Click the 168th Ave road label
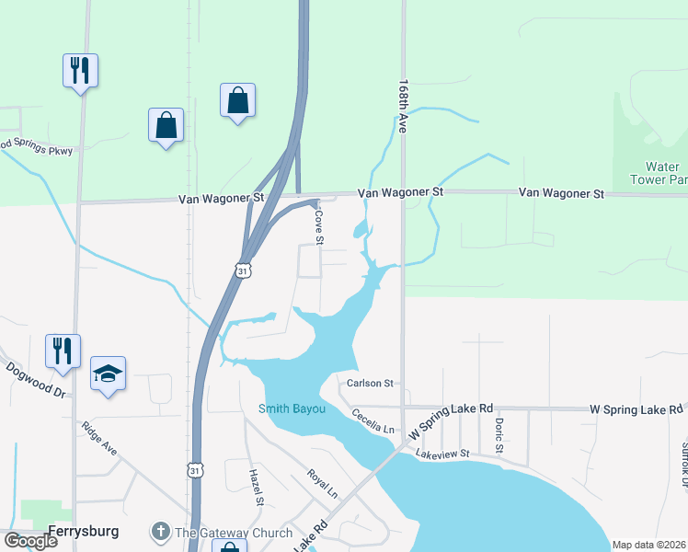click(x=403, y=106)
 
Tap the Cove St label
click(x=319, y=225)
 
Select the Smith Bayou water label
click(x=292, y=408)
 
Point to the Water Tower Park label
click(x=659, y=173)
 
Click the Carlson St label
click(x=370, y=383)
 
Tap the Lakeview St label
click(x=442, y=454)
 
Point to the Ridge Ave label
click(x=99, y=439)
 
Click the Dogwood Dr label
click(x=37, y=379)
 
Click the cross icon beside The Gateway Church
click(x=161, y=532)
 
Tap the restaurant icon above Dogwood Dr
click(x=63, y=351)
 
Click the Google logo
click(x=30, y=541)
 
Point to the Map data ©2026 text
click(x=648, y=545)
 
